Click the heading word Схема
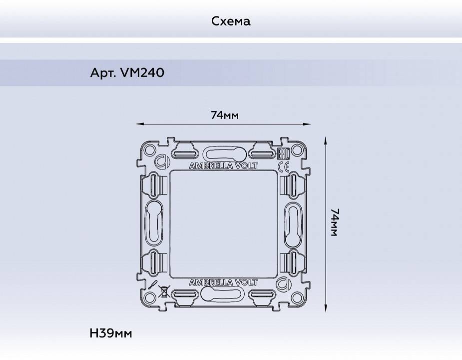click(x=231, y=21)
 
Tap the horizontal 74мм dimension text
click(x=224, y=115)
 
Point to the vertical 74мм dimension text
click(x=334, y=222)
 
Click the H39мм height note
click(x=111, y=333)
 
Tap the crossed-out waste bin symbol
click(x=163, y=292)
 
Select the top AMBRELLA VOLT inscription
click(x=224, y=166)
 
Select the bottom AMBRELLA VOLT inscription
click(x=224, y=282)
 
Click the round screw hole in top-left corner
click(x=149, y=150)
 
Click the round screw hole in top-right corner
click(x=298, y=150)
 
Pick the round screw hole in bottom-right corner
click(x=298, y=298)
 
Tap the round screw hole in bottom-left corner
click(x=149, y=298)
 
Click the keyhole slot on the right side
click(x=293, y=224)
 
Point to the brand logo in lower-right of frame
click(x=283, y=284)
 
